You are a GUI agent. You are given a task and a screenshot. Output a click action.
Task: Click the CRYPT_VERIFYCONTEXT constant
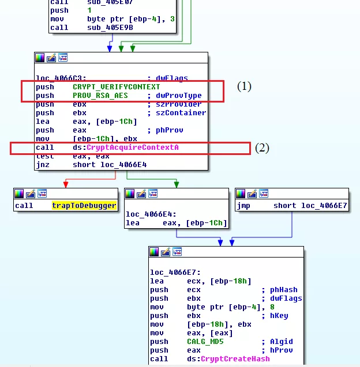pos(116,87)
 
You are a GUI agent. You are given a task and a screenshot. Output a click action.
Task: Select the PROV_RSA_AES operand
pos(100,96)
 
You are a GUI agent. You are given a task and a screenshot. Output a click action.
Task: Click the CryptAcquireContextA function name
pos(133,147)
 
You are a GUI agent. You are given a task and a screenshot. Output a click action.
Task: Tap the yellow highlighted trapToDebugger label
pos(84,206)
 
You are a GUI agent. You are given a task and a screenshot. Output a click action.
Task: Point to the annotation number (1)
pos(245,86)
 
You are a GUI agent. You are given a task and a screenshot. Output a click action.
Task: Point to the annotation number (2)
pos(262,147)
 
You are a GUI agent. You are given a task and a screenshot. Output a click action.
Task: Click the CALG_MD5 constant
pos(205,342)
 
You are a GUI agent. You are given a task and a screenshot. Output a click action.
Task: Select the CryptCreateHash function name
pos(235,359)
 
